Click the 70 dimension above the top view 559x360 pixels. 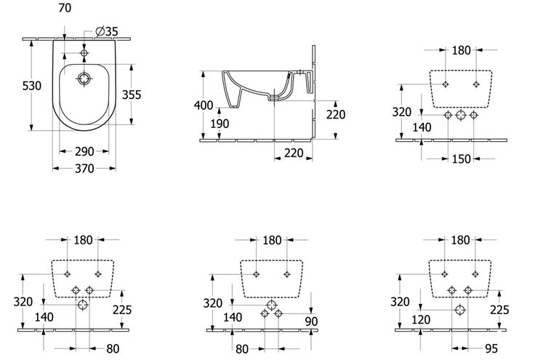[x=65, y=8]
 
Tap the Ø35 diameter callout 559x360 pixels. [x=107, y=31]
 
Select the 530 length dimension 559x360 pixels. [x=32, y=86]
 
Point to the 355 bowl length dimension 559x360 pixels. [x=132, y=95]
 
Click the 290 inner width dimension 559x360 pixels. [x=84, y=151]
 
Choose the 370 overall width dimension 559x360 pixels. [x=84, y=169]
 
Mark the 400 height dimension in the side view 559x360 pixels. [x=204, y=105]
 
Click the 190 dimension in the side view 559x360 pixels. [x=220, y=124]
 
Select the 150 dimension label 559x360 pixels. [x=462, y=159]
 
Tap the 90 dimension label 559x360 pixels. [x=311, y=321]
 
